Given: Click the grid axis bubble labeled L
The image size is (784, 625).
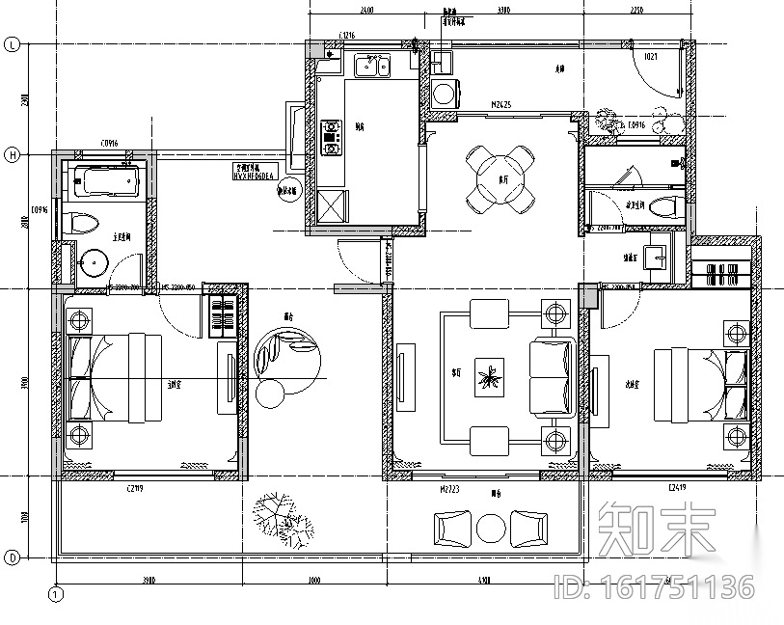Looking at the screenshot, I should click(13, 44).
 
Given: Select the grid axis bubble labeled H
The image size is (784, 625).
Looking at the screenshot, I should click(13, 154).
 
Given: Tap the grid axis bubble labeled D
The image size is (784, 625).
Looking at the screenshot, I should click(13, 557).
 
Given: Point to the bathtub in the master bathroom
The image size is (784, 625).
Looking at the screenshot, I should click(104, 181).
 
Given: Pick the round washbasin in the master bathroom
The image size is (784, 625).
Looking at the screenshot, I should click(95, 261).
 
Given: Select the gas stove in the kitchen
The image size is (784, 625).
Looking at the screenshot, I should click(332, 136).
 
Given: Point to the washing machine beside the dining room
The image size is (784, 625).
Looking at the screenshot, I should click(444, 94).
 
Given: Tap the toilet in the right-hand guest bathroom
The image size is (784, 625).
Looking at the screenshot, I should click(663, 205).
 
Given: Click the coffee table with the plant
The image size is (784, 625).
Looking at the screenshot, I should click(491, 378).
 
